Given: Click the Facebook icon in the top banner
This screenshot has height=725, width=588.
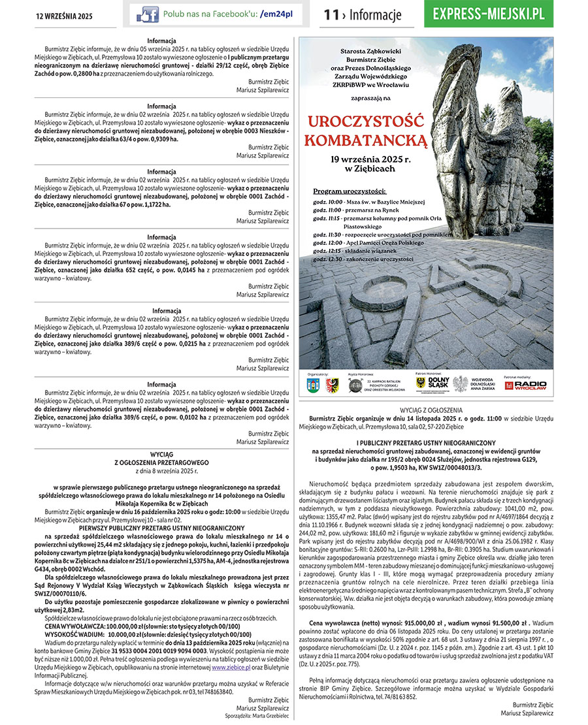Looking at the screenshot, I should point(147,14).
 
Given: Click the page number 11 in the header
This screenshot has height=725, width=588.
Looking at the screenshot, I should point(331,15).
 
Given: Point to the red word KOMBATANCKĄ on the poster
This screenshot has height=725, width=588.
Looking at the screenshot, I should point(367,140).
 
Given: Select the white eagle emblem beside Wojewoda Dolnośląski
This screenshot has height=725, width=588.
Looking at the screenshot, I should point(461,383).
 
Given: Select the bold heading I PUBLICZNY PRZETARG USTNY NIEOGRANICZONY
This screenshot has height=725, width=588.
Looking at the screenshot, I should point(426,443).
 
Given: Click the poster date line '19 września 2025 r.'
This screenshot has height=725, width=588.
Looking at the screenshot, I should point(365,159).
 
